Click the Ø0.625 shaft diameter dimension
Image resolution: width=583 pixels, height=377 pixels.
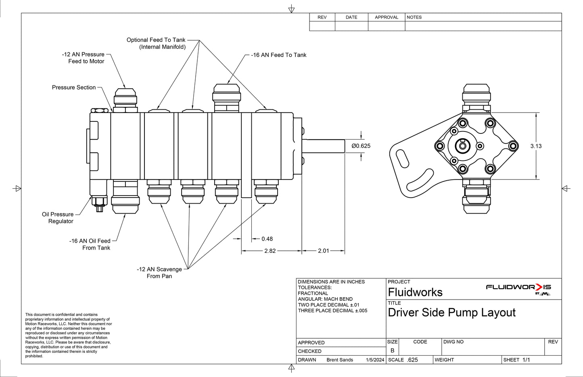coord(361,146)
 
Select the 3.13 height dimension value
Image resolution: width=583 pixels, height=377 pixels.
coord(536,146)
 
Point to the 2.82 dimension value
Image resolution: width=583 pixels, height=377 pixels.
coord(270,251)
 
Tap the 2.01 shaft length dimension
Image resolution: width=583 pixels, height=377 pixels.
coord(323,251)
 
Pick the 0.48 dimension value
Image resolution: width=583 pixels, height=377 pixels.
coord(267,239)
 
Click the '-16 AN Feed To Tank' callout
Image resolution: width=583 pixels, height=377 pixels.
coord(278,55)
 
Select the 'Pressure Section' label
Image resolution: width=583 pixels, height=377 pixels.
coord(74,87)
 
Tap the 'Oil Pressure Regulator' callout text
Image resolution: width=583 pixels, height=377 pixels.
coord(58,218)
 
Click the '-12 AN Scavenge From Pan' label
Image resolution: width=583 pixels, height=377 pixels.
coord(159,273)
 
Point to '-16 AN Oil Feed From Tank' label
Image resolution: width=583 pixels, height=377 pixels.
coord(90,244)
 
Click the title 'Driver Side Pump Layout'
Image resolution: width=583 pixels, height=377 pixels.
coord(451,312)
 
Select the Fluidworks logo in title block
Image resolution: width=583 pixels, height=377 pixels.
coord(518,288)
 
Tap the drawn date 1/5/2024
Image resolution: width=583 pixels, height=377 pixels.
coord(375,360)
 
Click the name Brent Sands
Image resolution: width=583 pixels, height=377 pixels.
coord(340,360)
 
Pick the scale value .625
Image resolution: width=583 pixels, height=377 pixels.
coord(412,360)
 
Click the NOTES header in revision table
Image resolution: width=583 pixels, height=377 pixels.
coord(414,17)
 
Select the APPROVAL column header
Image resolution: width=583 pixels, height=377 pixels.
coord(387,17)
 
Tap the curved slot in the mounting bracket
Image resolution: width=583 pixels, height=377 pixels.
coord(420,181)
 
